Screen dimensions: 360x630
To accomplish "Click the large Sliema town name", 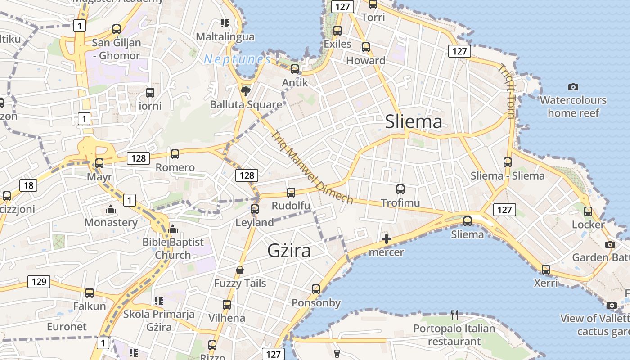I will [414, 122].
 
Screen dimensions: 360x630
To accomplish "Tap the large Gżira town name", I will [289, 250].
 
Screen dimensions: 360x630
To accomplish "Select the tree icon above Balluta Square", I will [246, 92].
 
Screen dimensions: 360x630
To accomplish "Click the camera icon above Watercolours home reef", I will [573, 87].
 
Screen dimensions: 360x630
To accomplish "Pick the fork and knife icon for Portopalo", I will [454, 315].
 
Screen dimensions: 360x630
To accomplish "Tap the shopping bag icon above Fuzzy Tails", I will [240, 270].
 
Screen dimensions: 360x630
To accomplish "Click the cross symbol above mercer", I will [386, 239].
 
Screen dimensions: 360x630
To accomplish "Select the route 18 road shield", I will [28, 185].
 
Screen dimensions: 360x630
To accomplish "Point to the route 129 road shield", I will [39, 282].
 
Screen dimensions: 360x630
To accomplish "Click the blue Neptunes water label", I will [237, 59].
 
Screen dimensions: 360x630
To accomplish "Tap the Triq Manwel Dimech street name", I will [312, 167].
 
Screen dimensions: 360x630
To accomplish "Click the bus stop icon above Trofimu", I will [400, 189].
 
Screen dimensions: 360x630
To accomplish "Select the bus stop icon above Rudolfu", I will [291, 193].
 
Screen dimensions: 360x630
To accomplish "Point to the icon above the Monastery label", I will [110, 209].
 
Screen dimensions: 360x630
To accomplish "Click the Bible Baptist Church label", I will [173, 248].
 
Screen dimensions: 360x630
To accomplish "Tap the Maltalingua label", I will [225, 36].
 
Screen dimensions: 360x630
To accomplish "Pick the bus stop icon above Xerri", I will [546, 270].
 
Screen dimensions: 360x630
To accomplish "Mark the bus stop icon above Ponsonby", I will [316, 289].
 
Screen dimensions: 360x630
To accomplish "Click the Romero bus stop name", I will [175, 168].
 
